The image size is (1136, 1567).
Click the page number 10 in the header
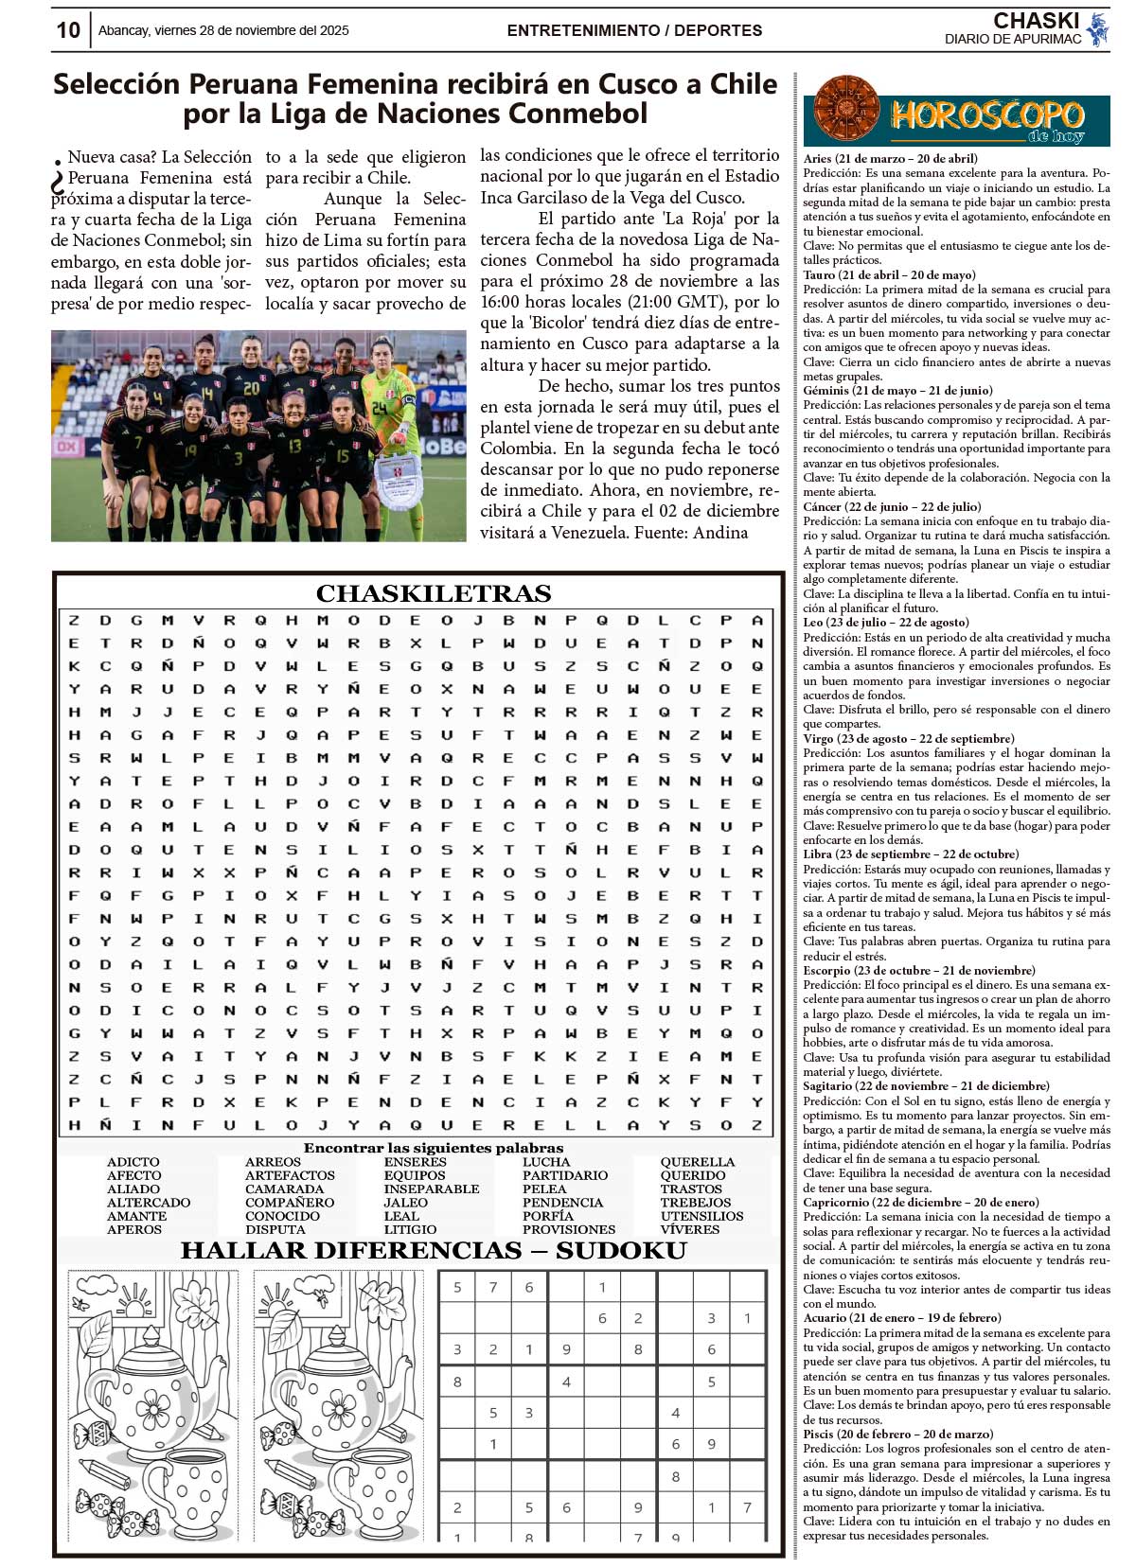point(68,30)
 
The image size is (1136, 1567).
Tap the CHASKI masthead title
point(1036,21)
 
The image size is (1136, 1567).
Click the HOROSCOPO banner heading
point(986,116)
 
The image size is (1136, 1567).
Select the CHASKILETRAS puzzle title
point(434,593)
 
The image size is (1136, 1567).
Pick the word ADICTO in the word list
point(133,1162)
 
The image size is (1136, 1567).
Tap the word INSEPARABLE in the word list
point(432,1188)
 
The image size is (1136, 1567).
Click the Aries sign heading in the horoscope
point(890,159)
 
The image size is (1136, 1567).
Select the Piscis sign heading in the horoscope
point(897,1434)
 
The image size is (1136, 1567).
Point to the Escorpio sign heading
point(918,970)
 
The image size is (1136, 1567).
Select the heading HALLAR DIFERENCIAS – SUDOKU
point(433,1250)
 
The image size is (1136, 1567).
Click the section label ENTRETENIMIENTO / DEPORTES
point(634,30)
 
